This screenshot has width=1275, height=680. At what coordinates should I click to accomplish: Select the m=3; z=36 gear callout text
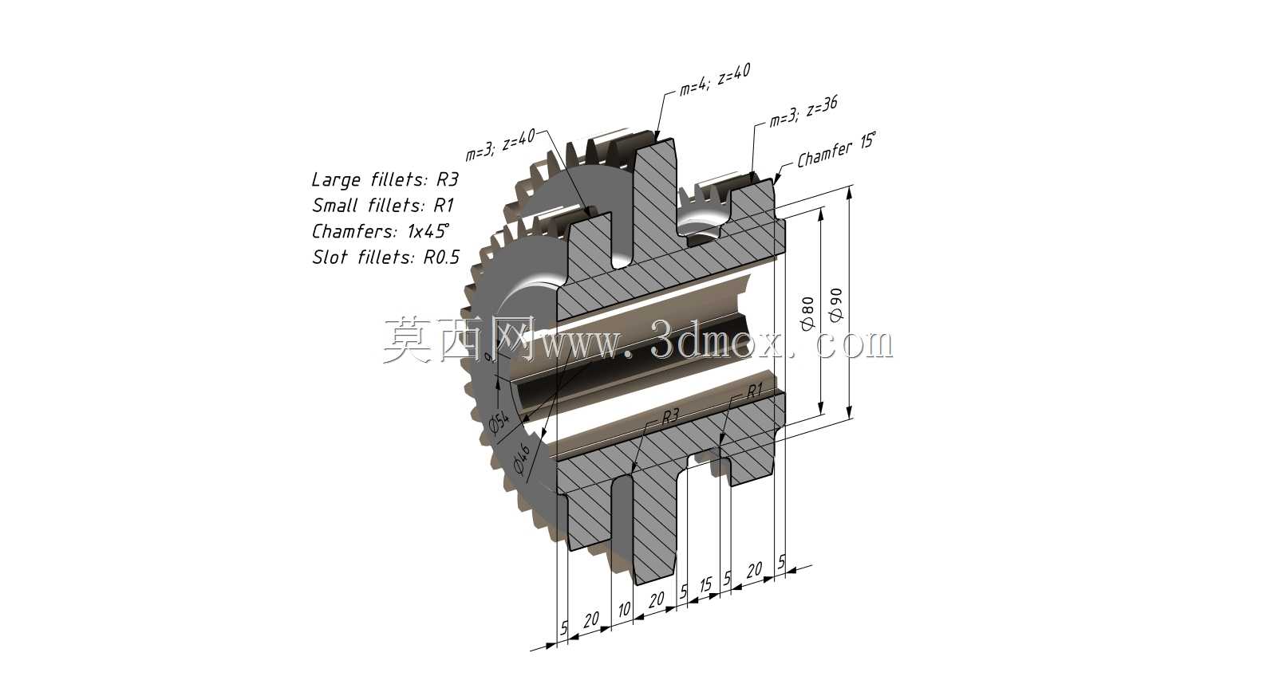click(803, 112)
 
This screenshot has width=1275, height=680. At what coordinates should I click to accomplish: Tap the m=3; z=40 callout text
click(500, 144)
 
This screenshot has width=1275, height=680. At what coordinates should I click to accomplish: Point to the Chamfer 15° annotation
click(836, 150)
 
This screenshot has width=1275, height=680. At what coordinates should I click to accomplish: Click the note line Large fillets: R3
click(385, 179)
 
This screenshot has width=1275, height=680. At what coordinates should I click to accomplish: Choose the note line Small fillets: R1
click(382, 205)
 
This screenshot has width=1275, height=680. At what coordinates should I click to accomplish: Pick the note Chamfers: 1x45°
click(381, 231)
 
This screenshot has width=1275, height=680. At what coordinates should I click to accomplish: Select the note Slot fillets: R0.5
click(385, 257)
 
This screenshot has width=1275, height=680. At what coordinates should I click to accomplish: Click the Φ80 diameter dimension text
click(807, 313)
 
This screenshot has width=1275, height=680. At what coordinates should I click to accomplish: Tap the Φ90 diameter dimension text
click(835, 305)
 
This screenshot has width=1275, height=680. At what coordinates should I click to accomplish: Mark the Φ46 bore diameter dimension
click(522, 458)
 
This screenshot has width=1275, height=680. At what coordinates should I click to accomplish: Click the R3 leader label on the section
click(670, 417)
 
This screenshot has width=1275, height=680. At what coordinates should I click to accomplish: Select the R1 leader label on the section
click(754, 391)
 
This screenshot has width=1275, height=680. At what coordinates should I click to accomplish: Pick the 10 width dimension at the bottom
click(625, 610)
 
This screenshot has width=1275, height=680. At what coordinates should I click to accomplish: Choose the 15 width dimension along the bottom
click(706, 584)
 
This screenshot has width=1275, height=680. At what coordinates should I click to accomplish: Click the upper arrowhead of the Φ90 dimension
click(850, 193)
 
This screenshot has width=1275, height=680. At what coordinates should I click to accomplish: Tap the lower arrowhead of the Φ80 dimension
click(821, 408)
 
